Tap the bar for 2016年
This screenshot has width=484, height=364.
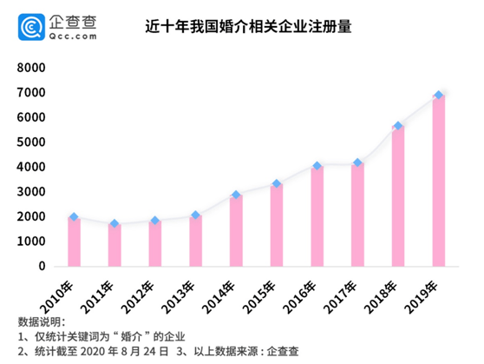317,215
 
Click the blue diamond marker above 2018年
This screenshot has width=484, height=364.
398,126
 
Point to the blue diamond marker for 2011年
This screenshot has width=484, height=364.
114,224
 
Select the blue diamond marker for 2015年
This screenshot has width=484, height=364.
277,184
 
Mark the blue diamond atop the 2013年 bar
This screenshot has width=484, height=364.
195,215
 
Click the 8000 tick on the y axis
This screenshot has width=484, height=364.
32,68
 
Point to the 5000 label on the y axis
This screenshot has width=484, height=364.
32,142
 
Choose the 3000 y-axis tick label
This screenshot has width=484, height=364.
32,192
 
